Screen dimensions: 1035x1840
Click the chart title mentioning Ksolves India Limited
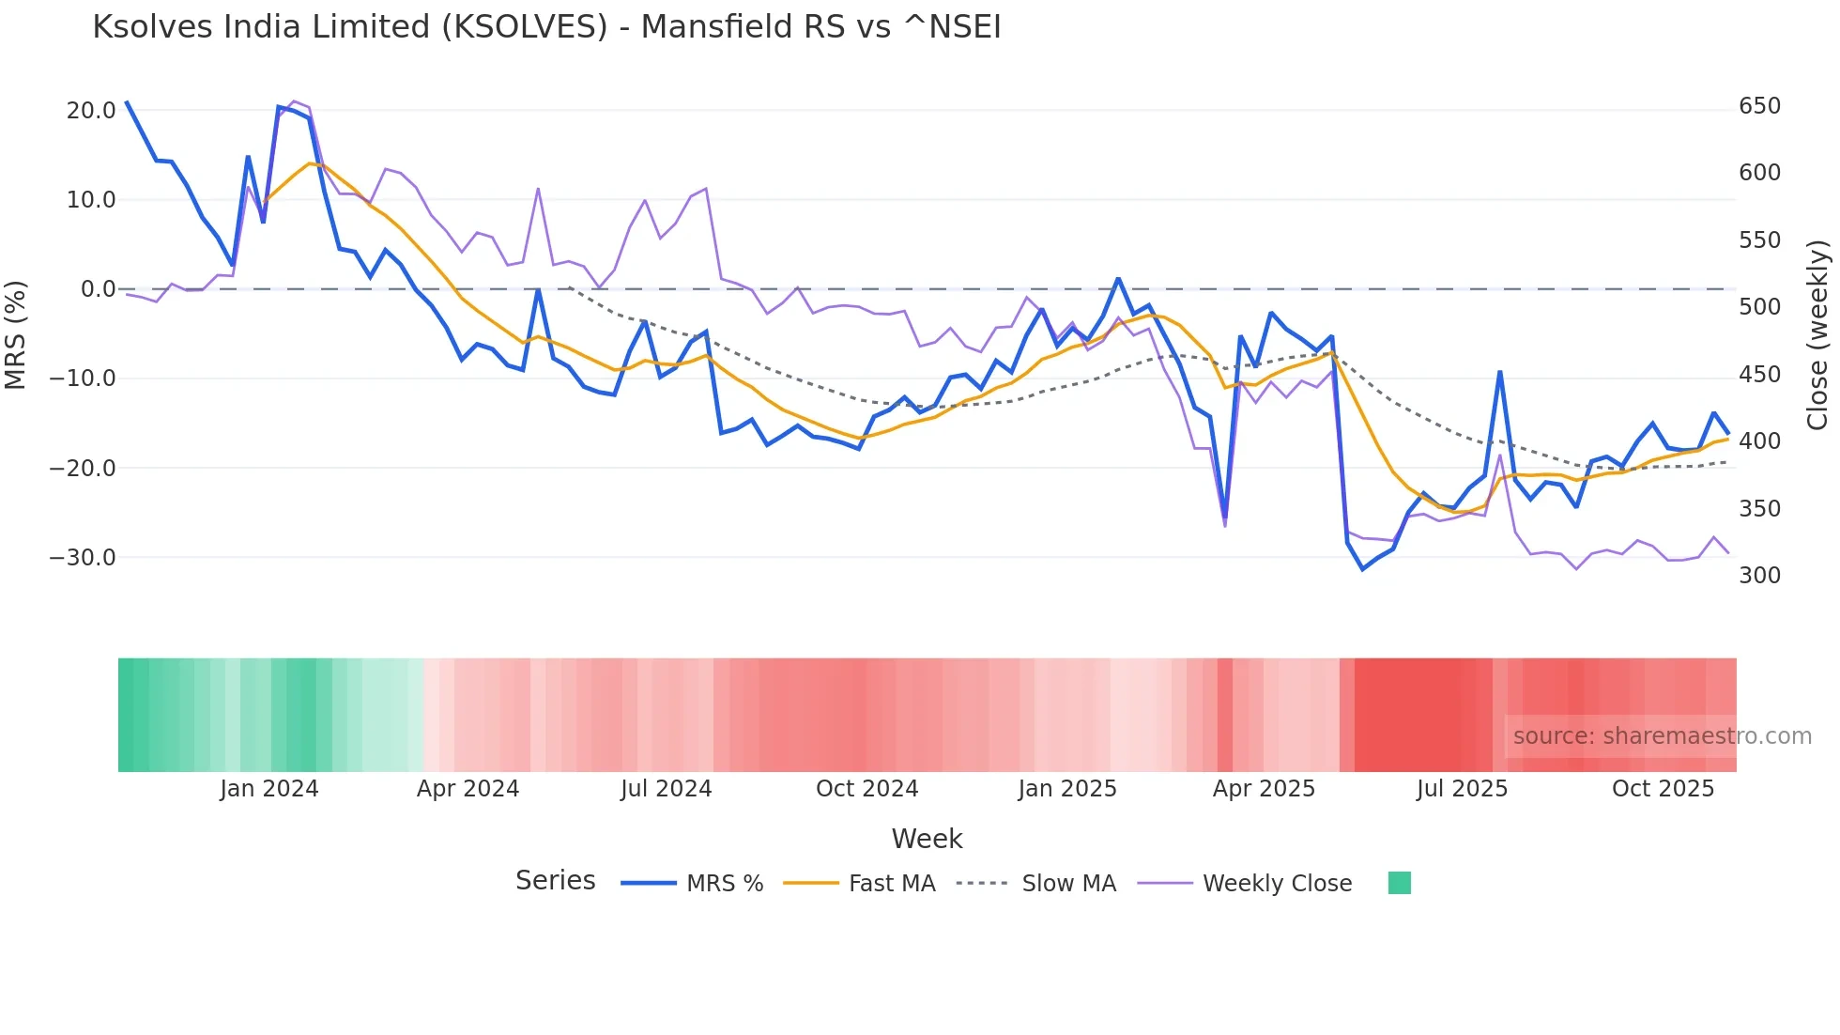click(546, 27)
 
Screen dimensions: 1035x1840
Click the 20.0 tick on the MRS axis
click(91, 111)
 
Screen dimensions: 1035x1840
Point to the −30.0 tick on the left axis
click(83, 558)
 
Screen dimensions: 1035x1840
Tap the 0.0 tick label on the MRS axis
click(98, 289)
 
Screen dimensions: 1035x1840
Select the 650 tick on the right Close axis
click(1759, 106)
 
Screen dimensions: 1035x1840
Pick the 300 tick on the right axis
click(1759, 576)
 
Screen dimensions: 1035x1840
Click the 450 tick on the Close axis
click(1759, 375)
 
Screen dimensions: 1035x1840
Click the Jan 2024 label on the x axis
click(269, 789)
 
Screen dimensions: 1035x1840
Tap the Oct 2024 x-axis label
click(866, 789)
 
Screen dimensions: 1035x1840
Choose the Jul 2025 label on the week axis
click(1462, 789)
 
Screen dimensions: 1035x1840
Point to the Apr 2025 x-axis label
click(1264, 789)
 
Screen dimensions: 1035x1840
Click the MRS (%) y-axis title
click(16, 334)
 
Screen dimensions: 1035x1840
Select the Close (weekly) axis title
click(1818, 335)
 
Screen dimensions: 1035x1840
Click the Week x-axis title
click(927, 839)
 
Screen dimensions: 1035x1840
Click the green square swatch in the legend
click(1400, 883)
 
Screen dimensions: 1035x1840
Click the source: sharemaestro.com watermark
click(1662, 736)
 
